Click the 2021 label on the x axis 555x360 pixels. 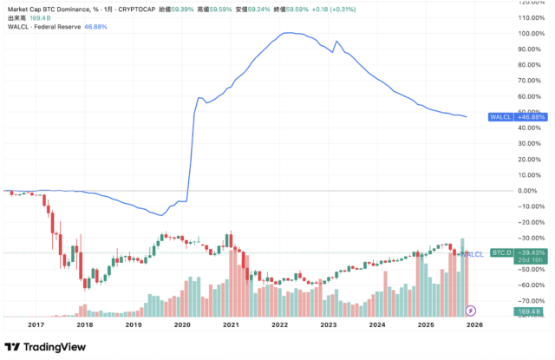(231, 324)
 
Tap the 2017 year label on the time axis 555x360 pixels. (36, 324)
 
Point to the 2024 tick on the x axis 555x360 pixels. (376, 324)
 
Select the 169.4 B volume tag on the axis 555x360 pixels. (505, 311)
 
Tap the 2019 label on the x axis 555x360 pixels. (134, 324)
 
